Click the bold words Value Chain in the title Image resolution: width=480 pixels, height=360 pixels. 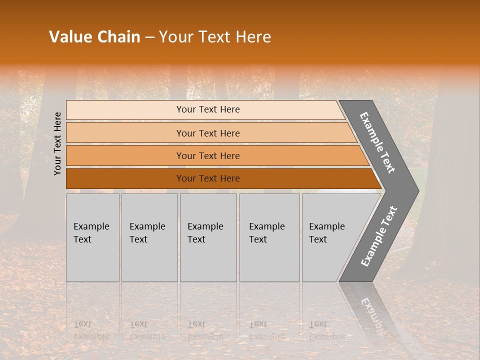point(94,37)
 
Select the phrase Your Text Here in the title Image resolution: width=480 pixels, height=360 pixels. point(215,37)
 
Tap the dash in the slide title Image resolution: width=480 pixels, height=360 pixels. point(149,37)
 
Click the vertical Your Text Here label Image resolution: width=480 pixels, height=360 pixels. point(57,143)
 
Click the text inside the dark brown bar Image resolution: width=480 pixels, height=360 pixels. point(208,178)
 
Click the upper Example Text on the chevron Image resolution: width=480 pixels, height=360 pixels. point(377,142)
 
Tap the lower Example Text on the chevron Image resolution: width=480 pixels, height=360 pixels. point(378,236)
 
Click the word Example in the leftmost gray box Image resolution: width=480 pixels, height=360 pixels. point(91,226)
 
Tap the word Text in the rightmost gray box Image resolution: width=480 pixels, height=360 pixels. point(318,239)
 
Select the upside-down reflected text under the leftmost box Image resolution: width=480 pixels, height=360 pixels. point(91,330)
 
